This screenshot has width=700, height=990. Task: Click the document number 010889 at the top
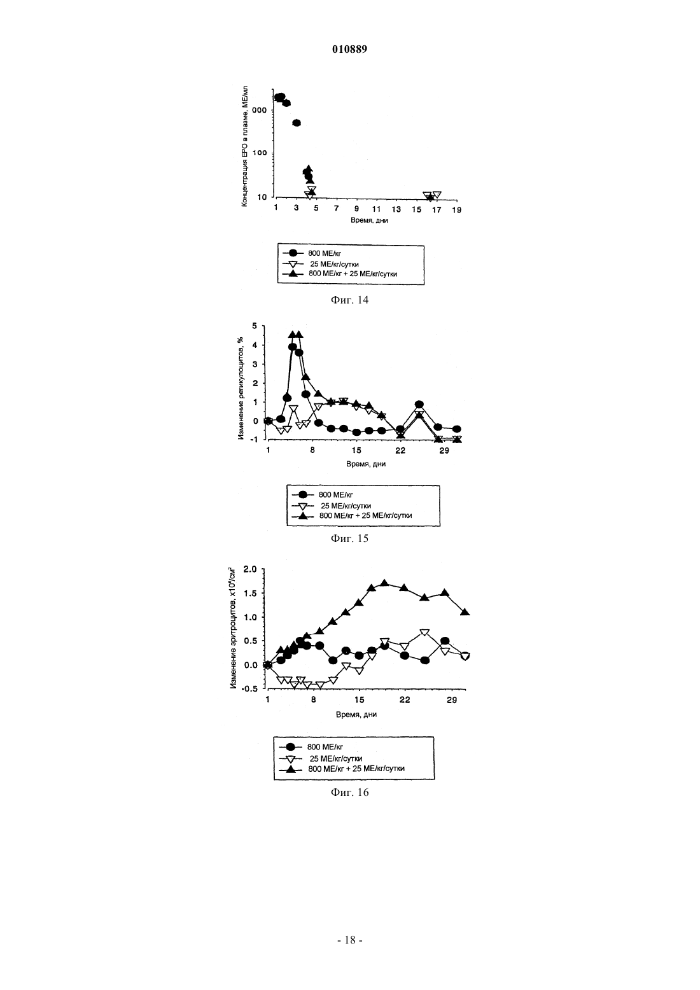coord(349,49)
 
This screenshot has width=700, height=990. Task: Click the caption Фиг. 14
coord(349,300)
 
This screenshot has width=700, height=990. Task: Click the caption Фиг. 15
coord(349,538)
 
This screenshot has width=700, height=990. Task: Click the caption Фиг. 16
coord(349,791)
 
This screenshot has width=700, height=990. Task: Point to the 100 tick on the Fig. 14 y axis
coord(260,153)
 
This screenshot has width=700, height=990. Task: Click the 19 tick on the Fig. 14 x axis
coord(456,210)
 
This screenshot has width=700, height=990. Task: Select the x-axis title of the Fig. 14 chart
coord(369,220)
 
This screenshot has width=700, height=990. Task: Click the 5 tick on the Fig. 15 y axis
coord(254,326)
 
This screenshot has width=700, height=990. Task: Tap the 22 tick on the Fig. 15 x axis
coord(400,450)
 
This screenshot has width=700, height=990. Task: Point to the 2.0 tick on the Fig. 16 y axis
coord(250,569)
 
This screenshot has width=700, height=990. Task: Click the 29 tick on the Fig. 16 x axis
coord(452,700)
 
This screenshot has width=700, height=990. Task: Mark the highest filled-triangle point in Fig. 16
coord(384,583)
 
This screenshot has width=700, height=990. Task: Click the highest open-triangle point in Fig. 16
coord(424,632)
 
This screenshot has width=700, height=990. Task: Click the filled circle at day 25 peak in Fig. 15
coord(419,405)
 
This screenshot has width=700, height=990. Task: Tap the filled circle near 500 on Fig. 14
coord(297,122)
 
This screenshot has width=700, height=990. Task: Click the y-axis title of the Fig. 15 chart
coord(241,389)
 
